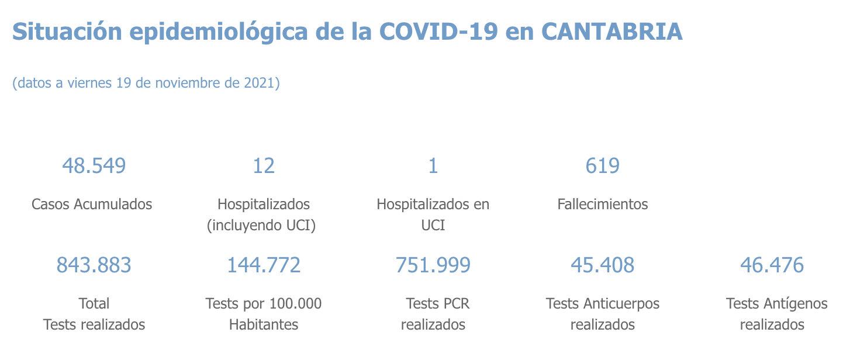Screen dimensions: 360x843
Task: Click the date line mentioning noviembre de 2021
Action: (x=146, y=83)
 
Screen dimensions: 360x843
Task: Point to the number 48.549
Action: (x=94, y=166)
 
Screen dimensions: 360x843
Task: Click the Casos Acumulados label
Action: (x=92, y=204)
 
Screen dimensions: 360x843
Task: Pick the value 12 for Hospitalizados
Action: (x=263, y=166)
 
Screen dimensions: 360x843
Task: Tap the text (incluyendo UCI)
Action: (x=261, y=226)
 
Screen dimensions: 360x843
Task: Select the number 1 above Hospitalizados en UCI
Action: (x=433, y=166)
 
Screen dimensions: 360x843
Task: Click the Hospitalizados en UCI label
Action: (x=433, y=214)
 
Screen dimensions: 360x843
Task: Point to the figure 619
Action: (x=602, y=166)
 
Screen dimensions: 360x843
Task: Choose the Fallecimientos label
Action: (x=602, y=204)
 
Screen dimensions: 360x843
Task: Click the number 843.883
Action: (x=94, y=265)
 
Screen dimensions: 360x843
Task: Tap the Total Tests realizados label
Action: (x=94, y=314)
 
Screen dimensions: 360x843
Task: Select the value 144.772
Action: (x=263, y=265)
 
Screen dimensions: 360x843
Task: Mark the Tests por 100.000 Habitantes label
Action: (x=263, y=314)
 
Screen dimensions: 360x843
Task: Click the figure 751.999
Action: (x=433, y=265)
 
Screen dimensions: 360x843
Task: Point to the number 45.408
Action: (x=602, y=265)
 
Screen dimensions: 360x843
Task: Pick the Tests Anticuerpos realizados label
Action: (x=602, y=314)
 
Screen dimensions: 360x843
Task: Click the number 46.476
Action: (x=772, y=265)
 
